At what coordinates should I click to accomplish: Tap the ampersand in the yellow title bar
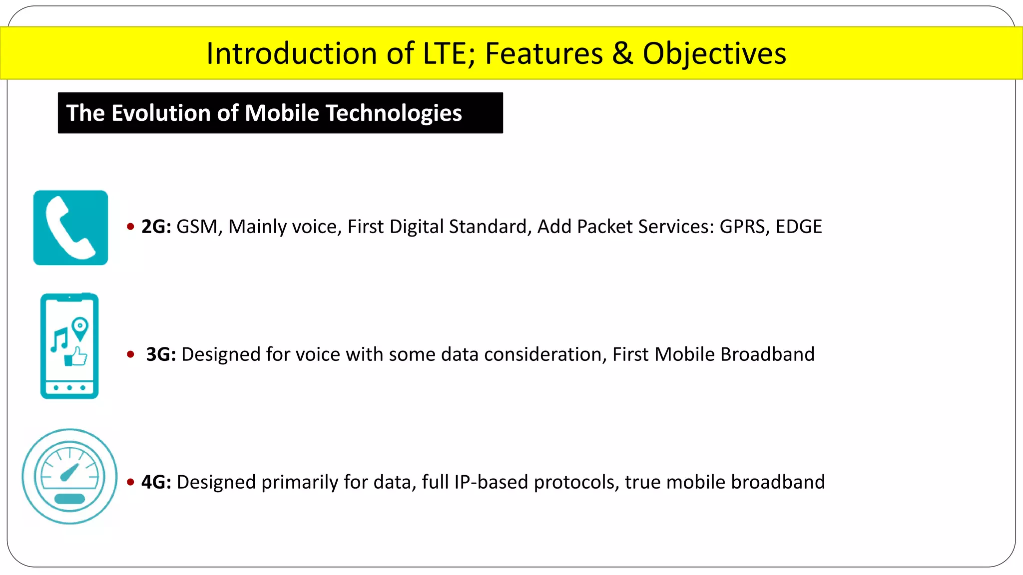[622, 53]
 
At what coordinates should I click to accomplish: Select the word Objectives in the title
[714, 53]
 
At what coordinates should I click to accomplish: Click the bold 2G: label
[156, 227]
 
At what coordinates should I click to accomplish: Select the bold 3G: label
[161, 354]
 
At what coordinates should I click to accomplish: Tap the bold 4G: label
[156, 482]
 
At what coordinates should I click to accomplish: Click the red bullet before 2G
[131, 227]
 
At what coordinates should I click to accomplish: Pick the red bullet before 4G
[131, 482]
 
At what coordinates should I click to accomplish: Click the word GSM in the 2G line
[199, 227]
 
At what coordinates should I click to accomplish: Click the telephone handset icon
[70, 228]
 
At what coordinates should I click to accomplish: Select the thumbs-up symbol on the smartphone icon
[76, 357]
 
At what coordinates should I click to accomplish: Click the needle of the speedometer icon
[70, 472]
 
